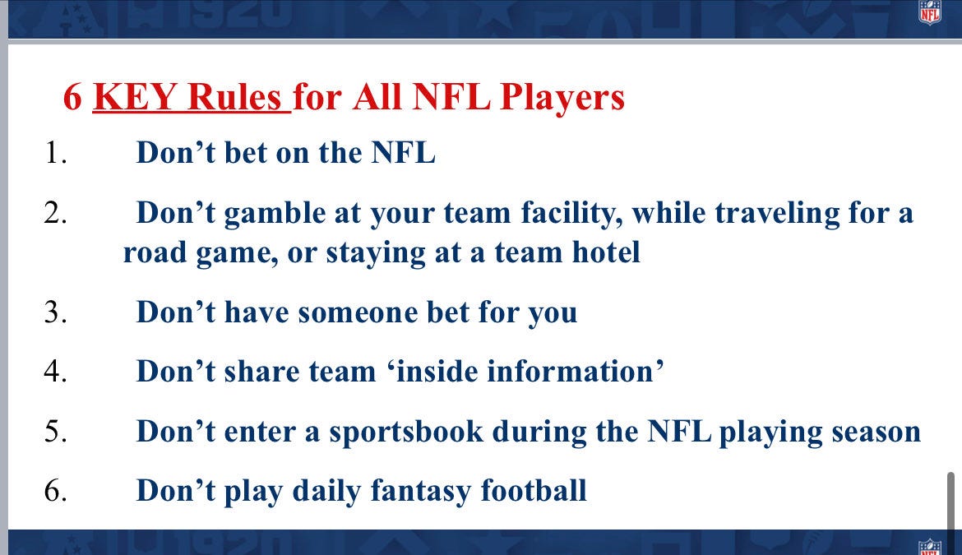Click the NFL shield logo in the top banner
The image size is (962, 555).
click(x=930, y=12)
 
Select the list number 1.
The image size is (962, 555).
click(x=55, y=153)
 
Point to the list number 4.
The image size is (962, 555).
click(x=55, y=372)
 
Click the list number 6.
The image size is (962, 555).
click(x=55, y=491)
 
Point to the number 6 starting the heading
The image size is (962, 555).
click(x=72, y=98)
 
